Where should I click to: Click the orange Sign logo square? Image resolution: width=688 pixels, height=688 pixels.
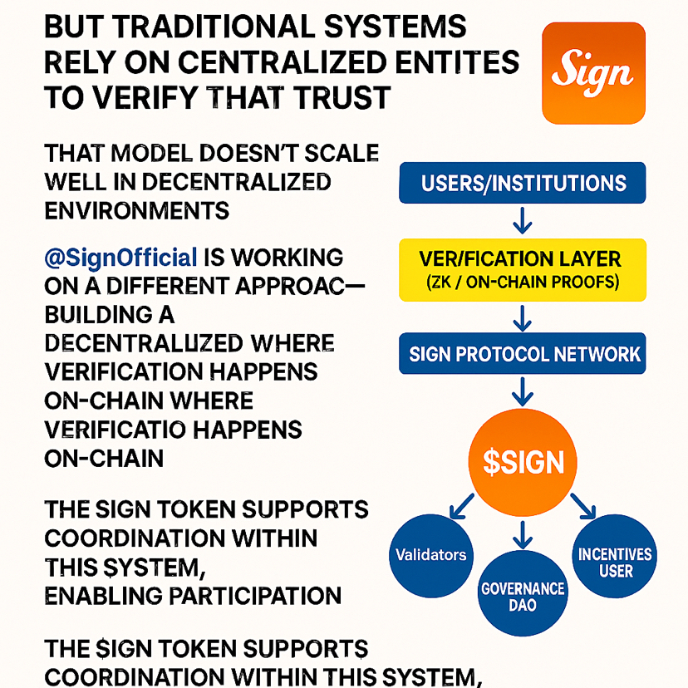click(593, 73)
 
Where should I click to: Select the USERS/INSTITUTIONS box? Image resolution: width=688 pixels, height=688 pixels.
click(523, 183)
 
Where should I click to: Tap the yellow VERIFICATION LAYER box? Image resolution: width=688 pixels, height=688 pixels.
click(522, 269)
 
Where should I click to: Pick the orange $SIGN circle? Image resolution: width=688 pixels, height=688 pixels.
click(523, 461)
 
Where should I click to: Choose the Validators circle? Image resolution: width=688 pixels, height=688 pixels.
click(430, 554)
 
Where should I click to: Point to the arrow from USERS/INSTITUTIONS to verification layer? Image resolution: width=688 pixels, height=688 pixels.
click(523, 220)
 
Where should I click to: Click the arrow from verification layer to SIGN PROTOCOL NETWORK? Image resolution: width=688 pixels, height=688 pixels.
click(523, 317)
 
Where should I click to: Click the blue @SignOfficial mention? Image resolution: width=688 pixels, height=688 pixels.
click(120, 257)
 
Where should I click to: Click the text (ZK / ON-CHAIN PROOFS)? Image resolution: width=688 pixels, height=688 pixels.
click(522, 283)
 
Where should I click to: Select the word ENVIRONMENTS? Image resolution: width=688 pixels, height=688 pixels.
click(136, 209)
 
